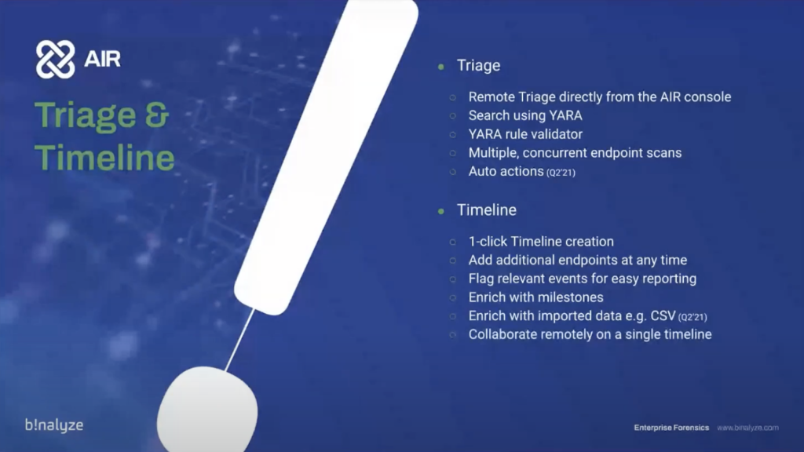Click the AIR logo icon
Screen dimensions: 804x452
coord(56,60)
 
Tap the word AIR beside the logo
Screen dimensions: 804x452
coord(102,59)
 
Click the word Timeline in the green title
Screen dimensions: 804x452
coord(104,157)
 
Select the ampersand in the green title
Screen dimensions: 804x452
coord(157,115)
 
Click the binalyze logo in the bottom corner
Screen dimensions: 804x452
coord(54,425)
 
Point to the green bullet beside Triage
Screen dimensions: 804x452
coord(441,66)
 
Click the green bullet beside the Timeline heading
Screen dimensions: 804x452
coord(441,210)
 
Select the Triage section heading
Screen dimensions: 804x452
coord(478,66)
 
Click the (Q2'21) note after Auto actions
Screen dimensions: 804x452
coord(561,173)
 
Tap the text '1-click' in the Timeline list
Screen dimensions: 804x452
coord(488,242)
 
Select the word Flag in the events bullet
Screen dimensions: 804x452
coord(481,279)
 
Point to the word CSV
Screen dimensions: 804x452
coord(663,315)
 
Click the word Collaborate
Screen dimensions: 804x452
coord(503,334)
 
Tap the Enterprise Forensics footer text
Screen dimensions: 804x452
coord(671,428)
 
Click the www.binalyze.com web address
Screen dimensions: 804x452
coord(747,428)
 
